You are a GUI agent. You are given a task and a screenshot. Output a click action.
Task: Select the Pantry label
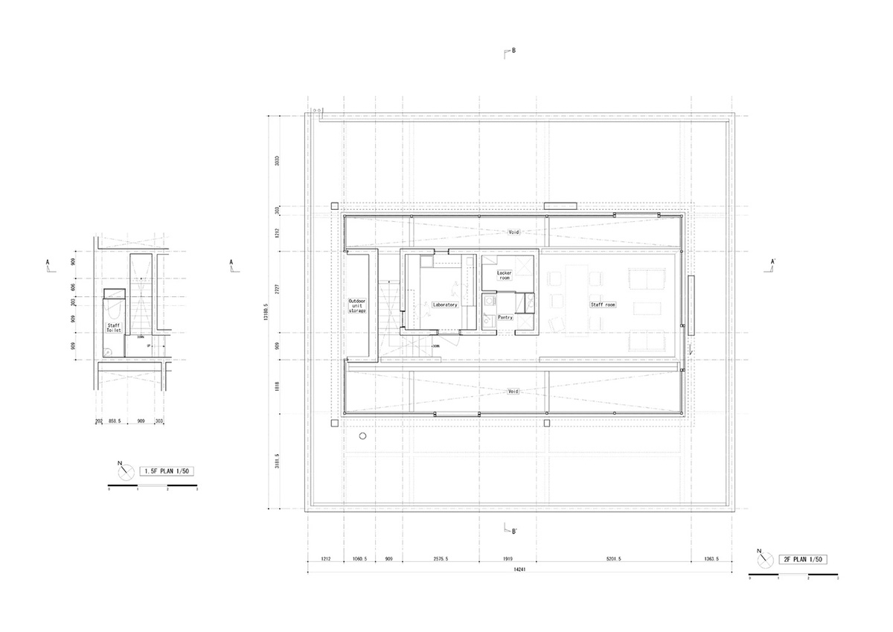click(x=506, y=317)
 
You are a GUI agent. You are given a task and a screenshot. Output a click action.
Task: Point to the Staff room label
click(x=604, y=304)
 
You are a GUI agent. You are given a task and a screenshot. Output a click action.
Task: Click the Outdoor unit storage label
click(x=357, y=306)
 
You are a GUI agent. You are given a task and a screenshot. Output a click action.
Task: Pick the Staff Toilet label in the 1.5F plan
click(x=113, y=328)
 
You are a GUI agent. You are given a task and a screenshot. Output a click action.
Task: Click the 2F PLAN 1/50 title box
click(x=803, y=558)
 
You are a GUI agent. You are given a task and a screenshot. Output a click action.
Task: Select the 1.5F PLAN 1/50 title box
click(x=167, y=470)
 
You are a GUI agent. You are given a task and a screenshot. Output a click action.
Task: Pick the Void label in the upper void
click(x=513, y=232)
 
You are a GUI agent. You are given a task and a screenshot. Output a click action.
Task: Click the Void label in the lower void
click(x=513, y=390)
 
